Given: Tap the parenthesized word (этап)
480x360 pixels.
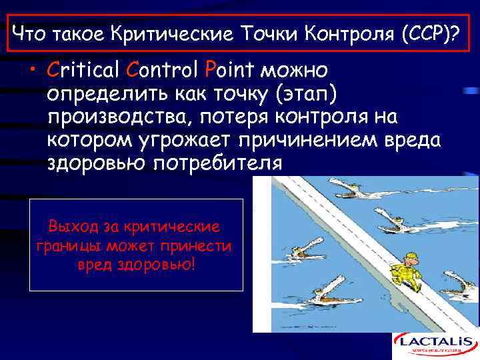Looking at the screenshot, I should [307, 94].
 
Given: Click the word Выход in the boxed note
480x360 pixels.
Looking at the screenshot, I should [72, 225].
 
